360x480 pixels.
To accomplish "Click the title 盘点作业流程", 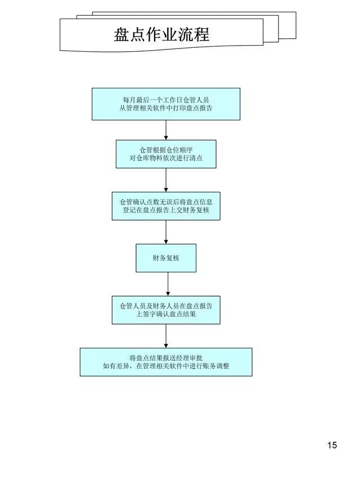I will pos(161,35).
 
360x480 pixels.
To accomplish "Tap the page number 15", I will pos(332,446).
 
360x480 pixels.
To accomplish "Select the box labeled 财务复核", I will pos(166,258).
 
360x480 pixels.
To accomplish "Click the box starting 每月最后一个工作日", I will pos(166,104).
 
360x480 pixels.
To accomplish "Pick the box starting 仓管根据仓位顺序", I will pos(166,154).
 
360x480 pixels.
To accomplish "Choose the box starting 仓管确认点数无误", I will pos(166,206).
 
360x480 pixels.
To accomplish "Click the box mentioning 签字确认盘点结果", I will pos(166,310).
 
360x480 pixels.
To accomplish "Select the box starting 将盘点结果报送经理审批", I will pos(166,362).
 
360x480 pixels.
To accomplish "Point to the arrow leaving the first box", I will pos(166,130).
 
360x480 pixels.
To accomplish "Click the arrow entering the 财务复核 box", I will pos(166,232).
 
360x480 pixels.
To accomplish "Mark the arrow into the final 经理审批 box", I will pos(166,336).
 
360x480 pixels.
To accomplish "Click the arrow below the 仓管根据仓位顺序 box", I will pos(166,180).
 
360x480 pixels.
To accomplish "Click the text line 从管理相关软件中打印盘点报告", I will pos(166,109).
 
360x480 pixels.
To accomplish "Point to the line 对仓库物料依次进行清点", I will pos(166,159).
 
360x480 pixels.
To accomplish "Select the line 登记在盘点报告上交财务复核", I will pos(166,210).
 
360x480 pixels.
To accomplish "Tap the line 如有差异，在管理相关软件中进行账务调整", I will pos(166,366).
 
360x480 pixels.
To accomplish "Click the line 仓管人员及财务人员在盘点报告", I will pos(166,305).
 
